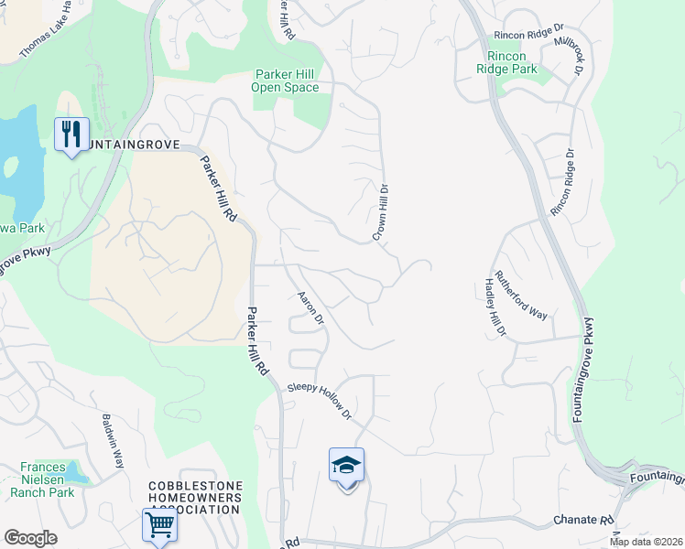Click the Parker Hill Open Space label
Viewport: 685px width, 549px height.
click(x=286, y=81)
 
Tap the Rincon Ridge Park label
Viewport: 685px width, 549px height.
click(x=506, y=61)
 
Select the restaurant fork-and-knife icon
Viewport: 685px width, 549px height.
click(x=71, y=135)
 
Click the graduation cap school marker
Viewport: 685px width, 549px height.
click(x=346, y=466)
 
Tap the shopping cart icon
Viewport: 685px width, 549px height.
click(x=158, y=526)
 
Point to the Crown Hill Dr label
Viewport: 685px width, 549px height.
click(x=382, y=212)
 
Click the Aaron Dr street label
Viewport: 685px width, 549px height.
click(x=311, y=307)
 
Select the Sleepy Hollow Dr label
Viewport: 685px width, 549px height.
click(x=320, y=401)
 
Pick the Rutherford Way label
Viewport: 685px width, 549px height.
click(x=521, y=295)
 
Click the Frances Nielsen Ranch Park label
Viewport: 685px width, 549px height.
click(x=42, y=479)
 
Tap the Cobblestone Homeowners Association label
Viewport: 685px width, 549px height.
click(x=196, y=498)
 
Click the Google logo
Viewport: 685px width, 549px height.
click(x=30, y=538)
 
